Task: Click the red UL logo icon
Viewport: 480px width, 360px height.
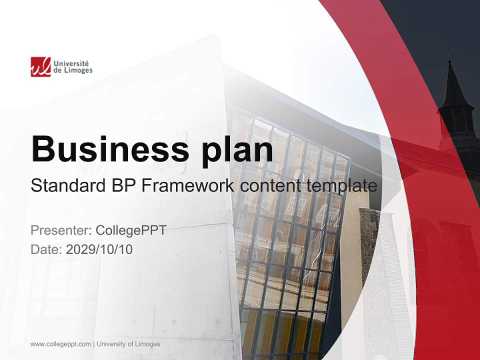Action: click(40, 66)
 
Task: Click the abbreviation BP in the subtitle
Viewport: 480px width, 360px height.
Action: click(122, 186)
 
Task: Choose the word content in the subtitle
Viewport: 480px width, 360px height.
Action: click(270, 186)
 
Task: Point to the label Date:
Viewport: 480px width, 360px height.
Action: click(46, 249)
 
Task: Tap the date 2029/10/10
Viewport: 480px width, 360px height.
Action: click(99, 249)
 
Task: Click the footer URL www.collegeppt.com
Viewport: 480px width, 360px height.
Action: click(60, 344)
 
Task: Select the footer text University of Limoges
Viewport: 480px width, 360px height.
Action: click(128, 344)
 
